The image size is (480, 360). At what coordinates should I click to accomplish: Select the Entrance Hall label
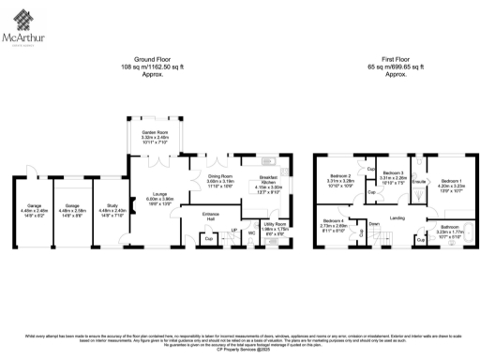(211, 217)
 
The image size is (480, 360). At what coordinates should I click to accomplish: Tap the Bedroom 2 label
(340, 177)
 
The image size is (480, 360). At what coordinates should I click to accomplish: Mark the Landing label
(397, 218)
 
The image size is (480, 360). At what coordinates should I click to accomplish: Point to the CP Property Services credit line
(240, 350)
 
